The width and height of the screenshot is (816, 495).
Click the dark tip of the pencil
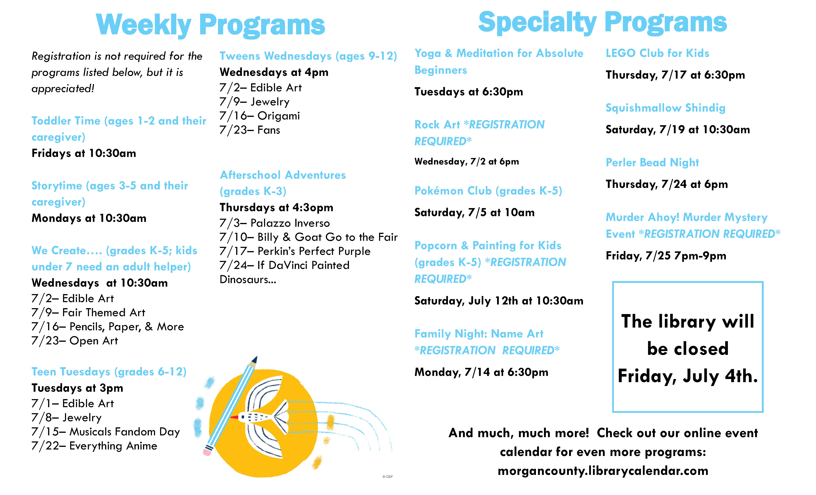255,359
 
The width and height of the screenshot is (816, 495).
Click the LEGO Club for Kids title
657,53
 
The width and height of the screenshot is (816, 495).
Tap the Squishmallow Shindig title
665,108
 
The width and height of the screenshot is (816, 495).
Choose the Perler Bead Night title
652,162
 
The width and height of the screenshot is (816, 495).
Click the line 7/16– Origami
260,116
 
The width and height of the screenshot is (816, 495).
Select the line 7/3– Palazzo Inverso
275,223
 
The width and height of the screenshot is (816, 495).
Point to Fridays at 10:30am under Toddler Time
84,153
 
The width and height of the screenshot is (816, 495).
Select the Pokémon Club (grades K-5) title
488,191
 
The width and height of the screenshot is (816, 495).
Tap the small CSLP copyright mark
388,476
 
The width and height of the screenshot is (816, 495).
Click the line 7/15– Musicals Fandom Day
106,432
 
